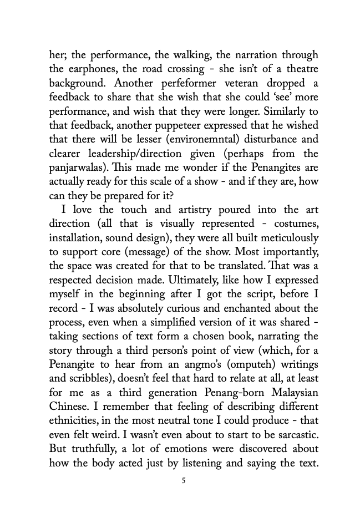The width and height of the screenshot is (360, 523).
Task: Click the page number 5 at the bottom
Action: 183,480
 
